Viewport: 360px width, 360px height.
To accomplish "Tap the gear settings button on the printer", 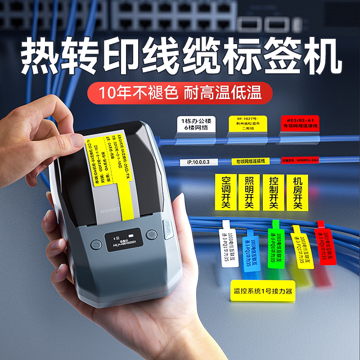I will coord(152,235).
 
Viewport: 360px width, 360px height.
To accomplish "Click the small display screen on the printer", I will coord(125,239).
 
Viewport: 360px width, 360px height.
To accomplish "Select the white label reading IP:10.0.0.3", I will coord(198,162).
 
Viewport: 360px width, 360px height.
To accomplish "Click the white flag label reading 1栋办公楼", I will coord(197,125).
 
